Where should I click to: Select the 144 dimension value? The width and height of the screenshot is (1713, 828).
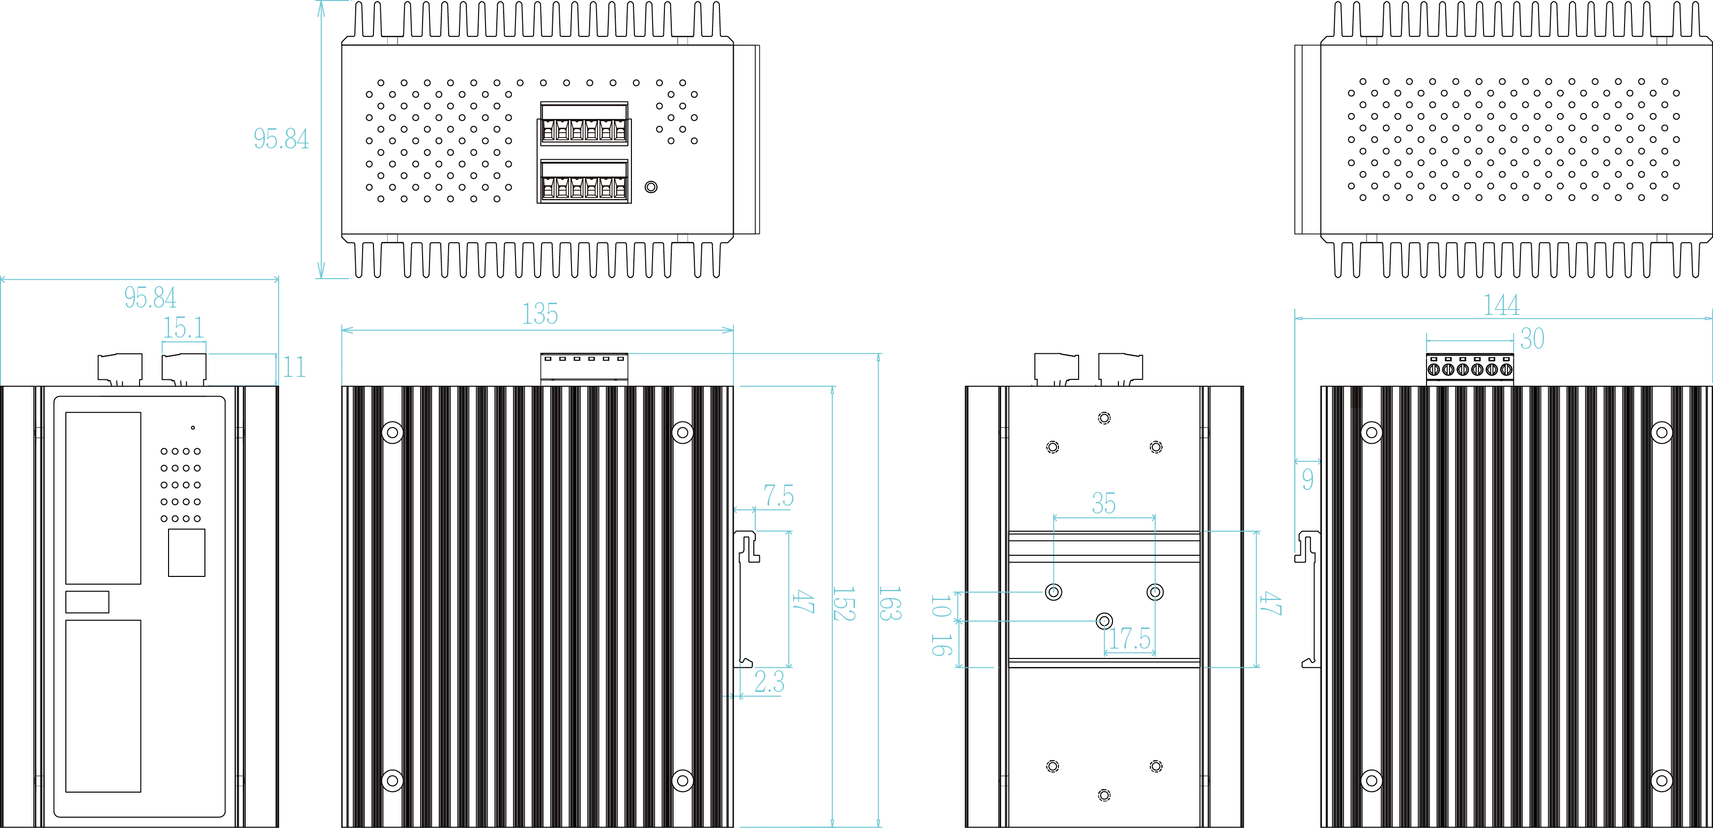pyautogui.click(x=1501, y=305)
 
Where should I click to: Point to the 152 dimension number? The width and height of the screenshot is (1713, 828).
pyautogui.click(x=843, y=603)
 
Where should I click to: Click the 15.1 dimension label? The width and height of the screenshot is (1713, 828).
pyautogui.click(x=184, y=328)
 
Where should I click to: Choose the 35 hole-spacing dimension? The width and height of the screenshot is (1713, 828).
pyautogui.click(x=1103, y=504)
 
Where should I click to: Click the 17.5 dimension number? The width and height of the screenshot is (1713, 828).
pyautogui.click(x=1129, y=638)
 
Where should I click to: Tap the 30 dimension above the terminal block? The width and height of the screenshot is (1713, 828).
pyautogui.click(x=1532, y=339)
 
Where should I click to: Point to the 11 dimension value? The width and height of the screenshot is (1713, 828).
pyautogui.click(x=294, y=367)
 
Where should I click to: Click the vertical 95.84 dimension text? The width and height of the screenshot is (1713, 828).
pyautogui.click(x=281, y=139)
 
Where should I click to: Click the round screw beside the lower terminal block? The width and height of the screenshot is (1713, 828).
pyautogui.click(x=651, y=187)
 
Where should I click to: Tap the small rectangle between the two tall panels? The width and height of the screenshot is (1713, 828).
pyautogui.click(x=87, y=602)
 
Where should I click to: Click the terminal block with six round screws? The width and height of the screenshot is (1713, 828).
pyautogui.click(x=1470, y=368)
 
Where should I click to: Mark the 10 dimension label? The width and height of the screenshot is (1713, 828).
pyautogui.click(x=940, y=606)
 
